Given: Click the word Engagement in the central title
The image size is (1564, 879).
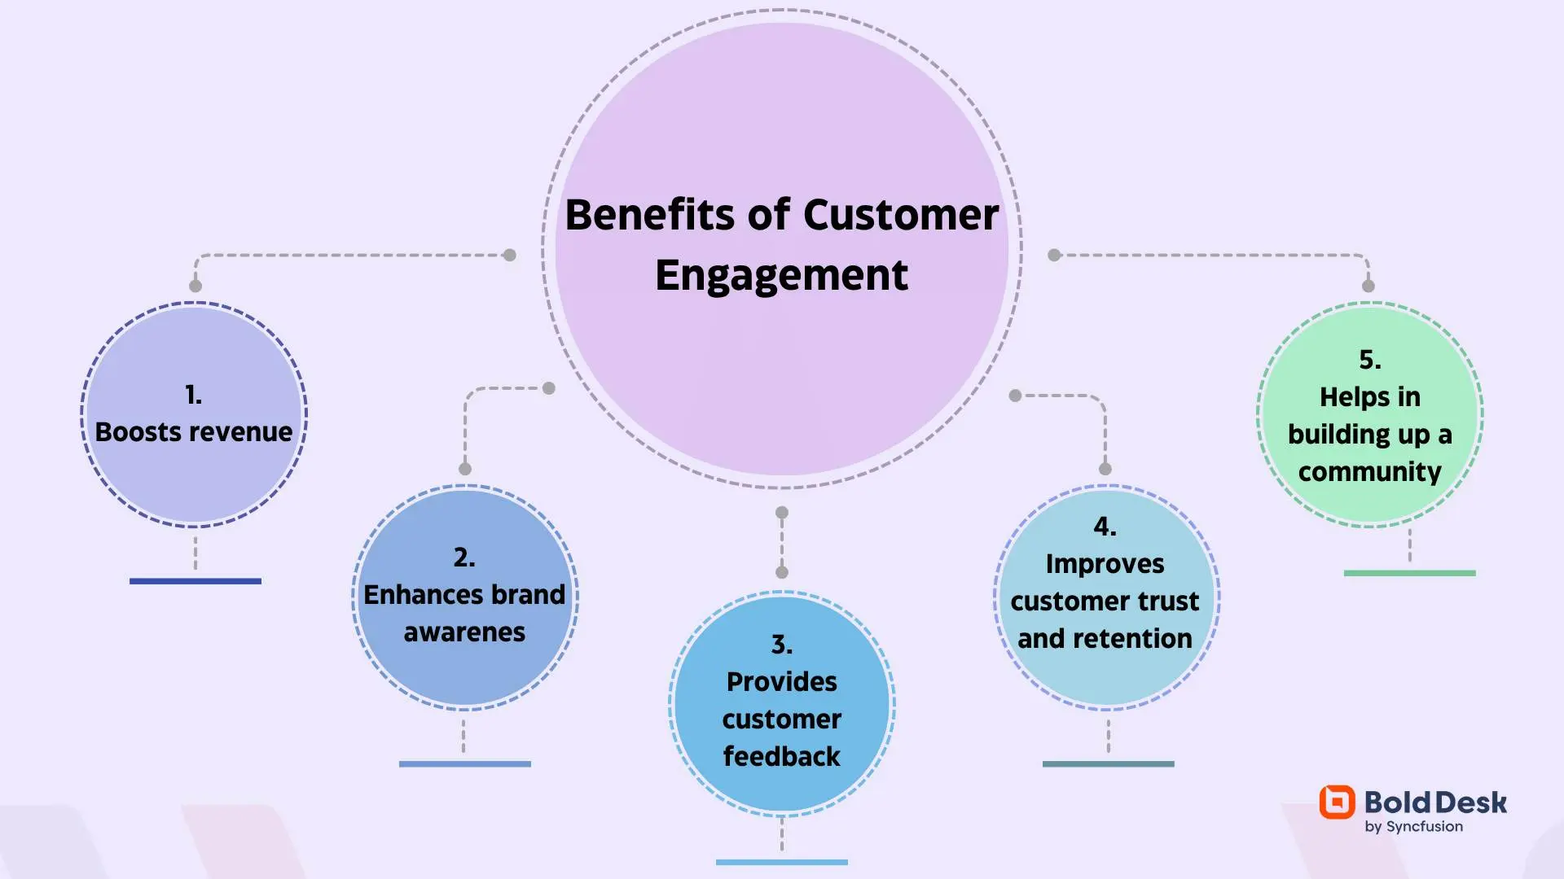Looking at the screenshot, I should pos(781,276).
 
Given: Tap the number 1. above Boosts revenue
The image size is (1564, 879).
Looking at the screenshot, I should pos(193,395).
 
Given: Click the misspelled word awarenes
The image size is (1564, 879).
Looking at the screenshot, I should pos(464,632).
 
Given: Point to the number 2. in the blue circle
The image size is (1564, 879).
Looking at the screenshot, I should pos(464,558).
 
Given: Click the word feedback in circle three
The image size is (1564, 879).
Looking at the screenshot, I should pos(781,757).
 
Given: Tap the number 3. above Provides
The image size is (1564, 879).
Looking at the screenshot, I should pos(781,645).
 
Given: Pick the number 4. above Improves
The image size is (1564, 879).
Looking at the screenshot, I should pos(1105,527).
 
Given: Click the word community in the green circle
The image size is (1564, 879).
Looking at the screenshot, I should pos(1369,472).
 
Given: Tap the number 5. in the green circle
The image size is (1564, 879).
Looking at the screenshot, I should pos(1369,360).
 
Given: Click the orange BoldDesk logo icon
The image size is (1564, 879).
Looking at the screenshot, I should pos(1337,802).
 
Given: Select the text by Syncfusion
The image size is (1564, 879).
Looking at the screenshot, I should pos(1413,827).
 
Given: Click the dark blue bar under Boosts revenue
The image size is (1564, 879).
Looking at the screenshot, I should pos(195,581).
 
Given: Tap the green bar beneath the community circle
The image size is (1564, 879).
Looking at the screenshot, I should pos(1409,573).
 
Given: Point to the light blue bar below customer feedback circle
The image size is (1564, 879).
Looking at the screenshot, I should pos(781,862).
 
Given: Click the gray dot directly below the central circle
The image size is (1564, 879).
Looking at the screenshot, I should pos(782,513).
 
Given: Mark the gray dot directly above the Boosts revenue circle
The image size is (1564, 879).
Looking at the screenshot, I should pos(195,286).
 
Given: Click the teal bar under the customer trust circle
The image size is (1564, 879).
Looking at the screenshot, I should pos(1108,763).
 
